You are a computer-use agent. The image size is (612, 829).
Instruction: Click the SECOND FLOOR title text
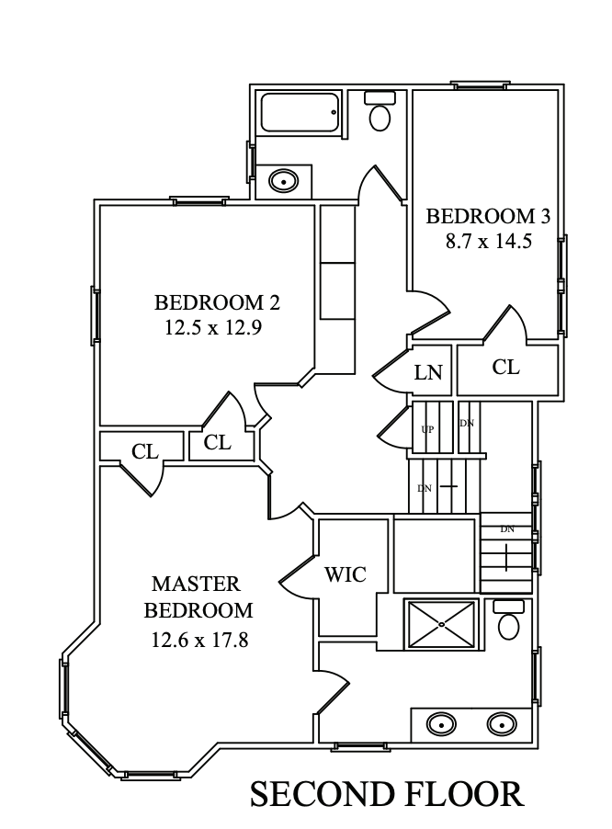click(387, 794)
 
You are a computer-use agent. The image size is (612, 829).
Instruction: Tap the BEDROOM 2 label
click(217, 302)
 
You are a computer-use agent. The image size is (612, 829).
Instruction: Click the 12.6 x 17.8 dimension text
click(200, 639)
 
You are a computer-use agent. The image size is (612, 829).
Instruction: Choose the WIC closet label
click(346, 575)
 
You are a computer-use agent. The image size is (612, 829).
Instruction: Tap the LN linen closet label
click(428, 372)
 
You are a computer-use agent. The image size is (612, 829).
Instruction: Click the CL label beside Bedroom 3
click(505, 368)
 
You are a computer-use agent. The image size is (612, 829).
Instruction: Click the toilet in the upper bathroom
click(380, 112)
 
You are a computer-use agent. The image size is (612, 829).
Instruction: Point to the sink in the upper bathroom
click(284, 181)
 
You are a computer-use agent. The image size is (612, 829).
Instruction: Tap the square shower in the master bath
click(442, 625)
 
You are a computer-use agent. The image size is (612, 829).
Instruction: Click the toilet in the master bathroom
click(508, 621)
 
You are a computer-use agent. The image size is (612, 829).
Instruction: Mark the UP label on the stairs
click(426, 429)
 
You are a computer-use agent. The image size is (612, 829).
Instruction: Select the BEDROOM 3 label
click(489, 217)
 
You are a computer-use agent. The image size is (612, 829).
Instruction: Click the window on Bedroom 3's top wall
click(481, 86)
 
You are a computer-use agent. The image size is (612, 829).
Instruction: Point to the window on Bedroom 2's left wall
click(94, 315)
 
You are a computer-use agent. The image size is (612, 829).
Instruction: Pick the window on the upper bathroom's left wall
click(250, 161)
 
